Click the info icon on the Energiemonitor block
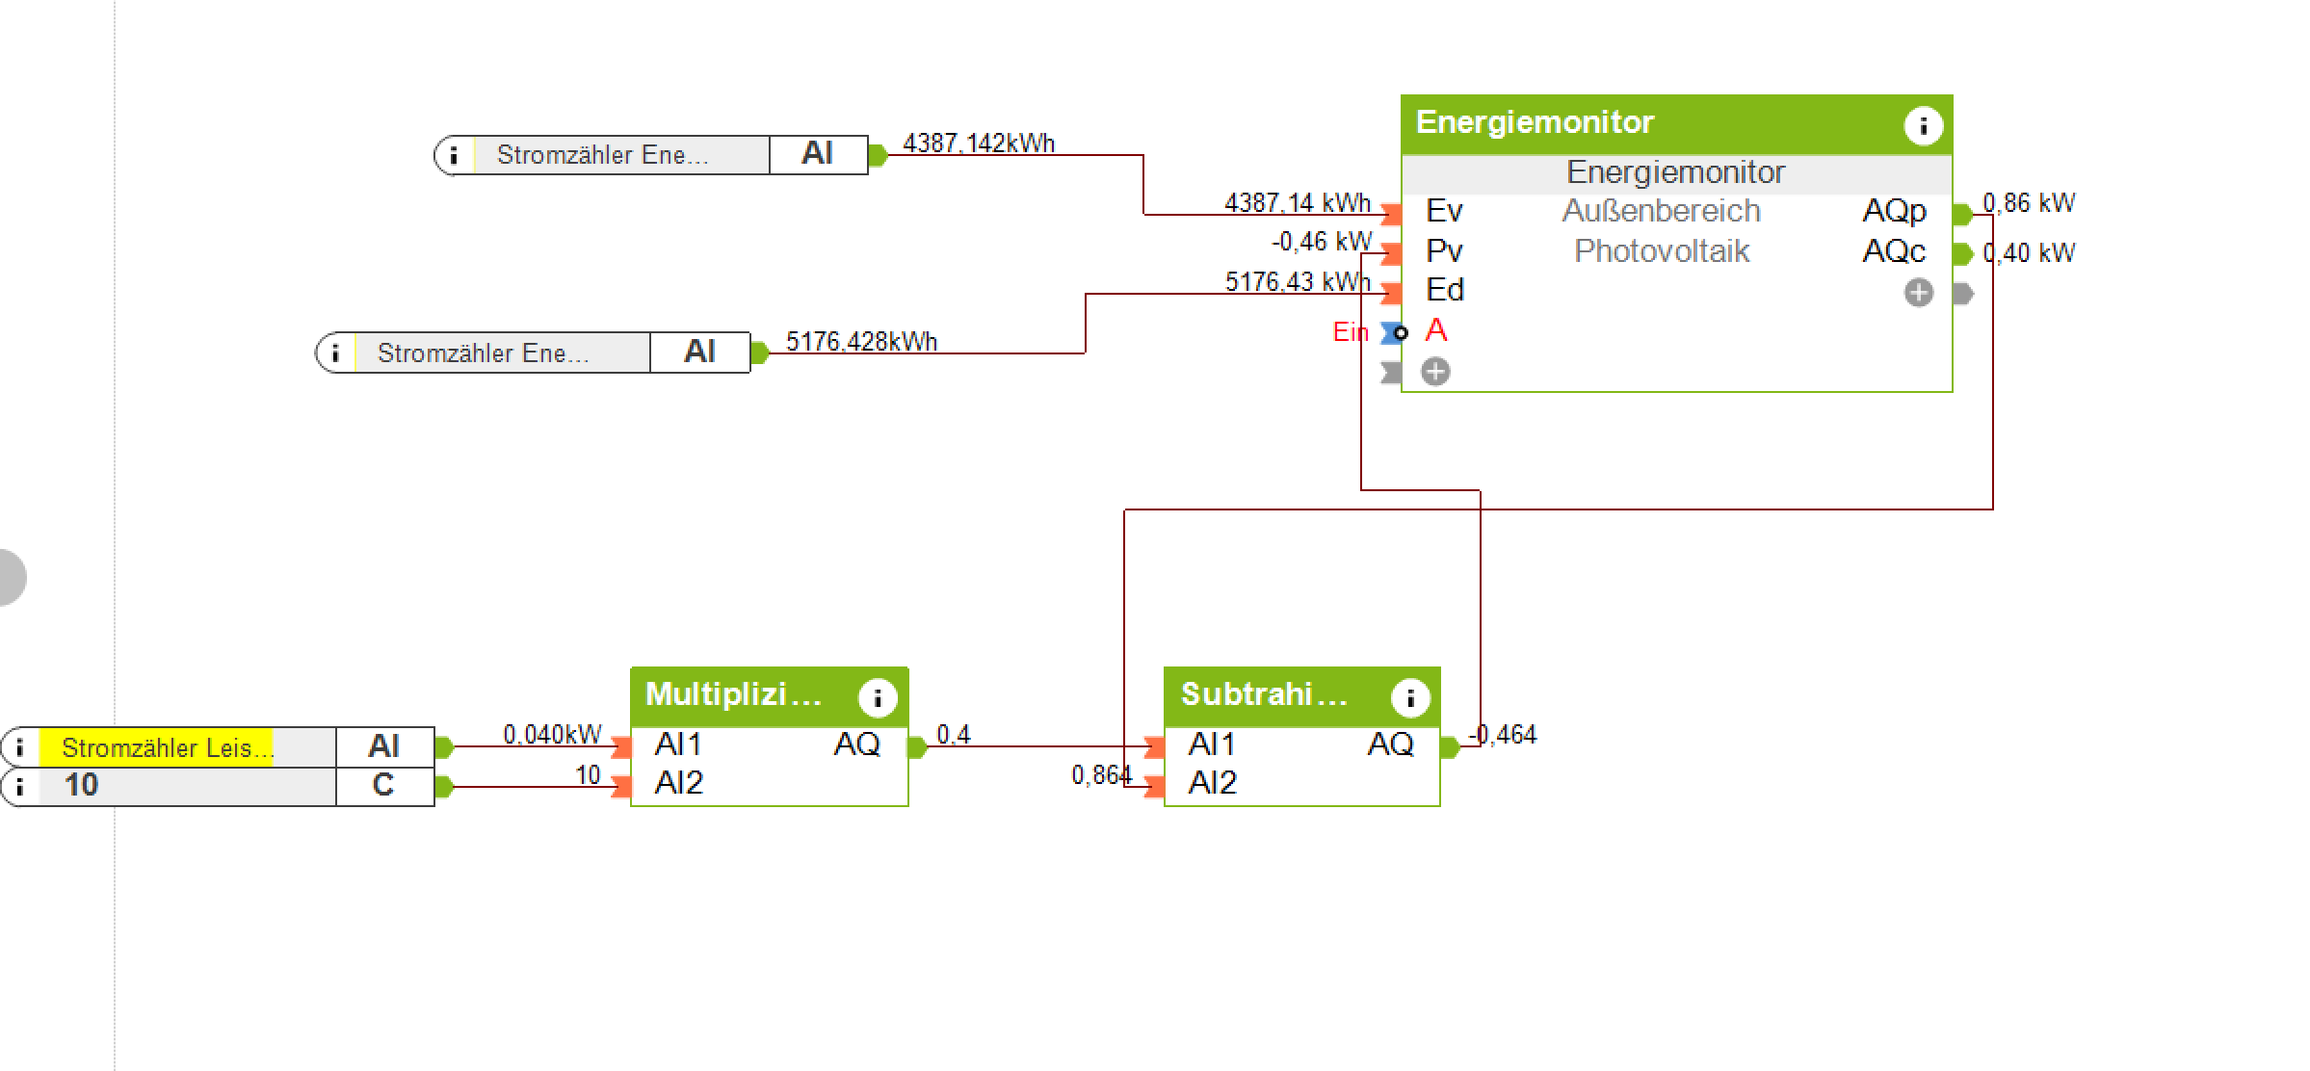click(x=1923, y=125)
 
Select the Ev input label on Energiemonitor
click(x=1444, y=211)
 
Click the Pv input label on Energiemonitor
click(x=1444, y=251)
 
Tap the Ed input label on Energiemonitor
click(x=1445, y=290)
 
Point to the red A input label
click(x=1435, y=330)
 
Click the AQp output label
click(x=1894, y=211)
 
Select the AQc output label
click(x=1894, y=251)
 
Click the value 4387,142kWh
click(x=979, y=144)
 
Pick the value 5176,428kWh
click(x=861, y=342)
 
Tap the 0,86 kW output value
click(x=2029, y=203)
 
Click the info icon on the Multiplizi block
click(x=878, y=697)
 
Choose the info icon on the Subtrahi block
click(x=1410, y=697)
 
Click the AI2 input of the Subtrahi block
click(x=1212, y=783)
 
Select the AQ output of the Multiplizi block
click(x=856, y=744)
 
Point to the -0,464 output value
click(x=1503, y=735)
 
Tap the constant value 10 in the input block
click(x=81, y=785)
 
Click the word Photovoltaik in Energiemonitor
click(x=1662, y=251)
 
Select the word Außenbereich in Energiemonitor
click(x=1662, y=211)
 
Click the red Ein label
click(x=1350, y=332)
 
